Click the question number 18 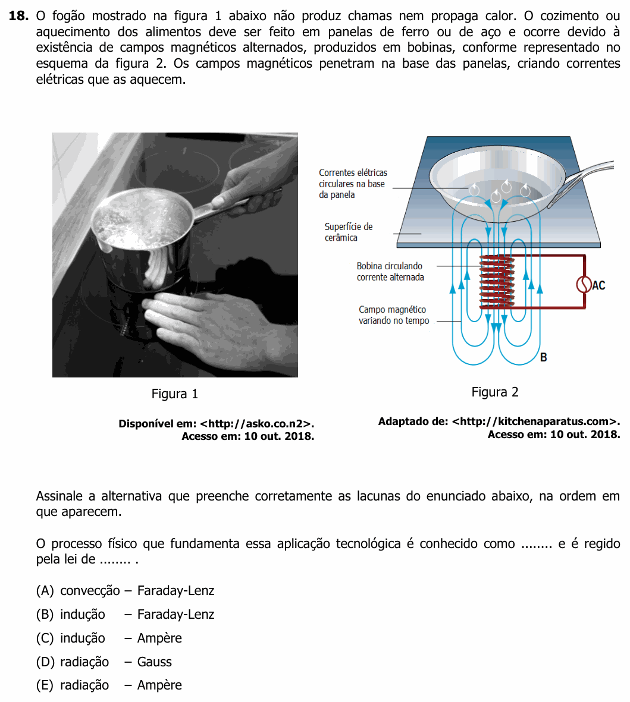tap(18, 15)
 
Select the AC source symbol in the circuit tap(584, 285)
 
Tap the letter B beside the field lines tap(544, 357)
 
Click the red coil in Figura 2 tap(497, 282)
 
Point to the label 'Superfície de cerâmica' tap(349, 232)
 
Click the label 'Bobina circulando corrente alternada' tap(390, 271)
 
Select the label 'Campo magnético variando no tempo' tap(394, 315)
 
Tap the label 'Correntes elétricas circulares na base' tap(353, 178)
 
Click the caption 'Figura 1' tap(174, 394)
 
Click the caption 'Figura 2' tap(495, 392)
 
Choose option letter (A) tap(45, 590)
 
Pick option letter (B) tap(45, 614)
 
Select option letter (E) tap(45, 685)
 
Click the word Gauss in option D tap(154, 662)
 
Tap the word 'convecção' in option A tap(90, 591)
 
